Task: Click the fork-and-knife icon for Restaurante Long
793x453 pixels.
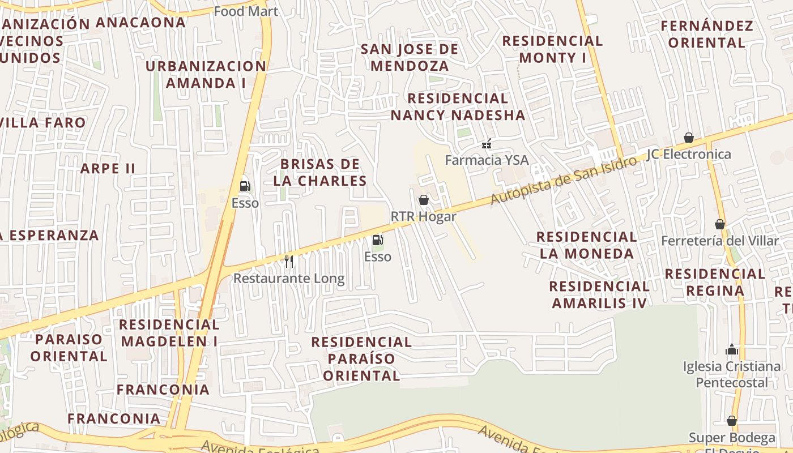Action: point(289,261)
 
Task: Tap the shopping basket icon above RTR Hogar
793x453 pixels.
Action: point(423,199)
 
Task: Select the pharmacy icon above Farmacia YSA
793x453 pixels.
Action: point(486,144)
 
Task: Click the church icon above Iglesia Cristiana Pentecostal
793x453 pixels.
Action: point(732,349)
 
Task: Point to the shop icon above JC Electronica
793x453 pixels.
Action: point(689,138)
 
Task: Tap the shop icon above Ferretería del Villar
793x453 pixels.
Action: point(720,224)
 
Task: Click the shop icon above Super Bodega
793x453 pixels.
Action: point(732,421)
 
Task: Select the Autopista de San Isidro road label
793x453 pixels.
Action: point(564,181)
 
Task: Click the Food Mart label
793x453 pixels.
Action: point(246,11)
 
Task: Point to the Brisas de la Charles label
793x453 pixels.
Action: point(320,173)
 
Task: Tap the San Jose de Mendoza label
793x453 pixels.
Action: point(410,57)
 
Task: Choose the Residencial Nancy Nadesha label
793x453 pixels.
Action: point(458,106)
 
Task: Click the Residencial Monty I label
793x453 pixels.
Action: point(552,49)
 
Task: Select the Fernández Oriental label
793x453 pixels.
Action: point(707,34)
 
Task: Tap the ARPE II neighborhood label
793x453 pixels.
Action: point(108,168)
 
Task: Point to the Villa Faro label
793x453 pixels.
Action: point(43,122)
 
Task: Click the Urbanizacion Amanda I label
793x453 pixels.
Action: point(206,74)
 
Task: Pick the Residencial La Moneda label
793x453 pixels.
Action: point(587,245)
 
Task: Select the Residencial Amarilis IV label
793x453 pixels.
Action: point(599,294)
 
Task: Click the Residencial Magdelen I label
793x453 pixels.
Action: point(169,333)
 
